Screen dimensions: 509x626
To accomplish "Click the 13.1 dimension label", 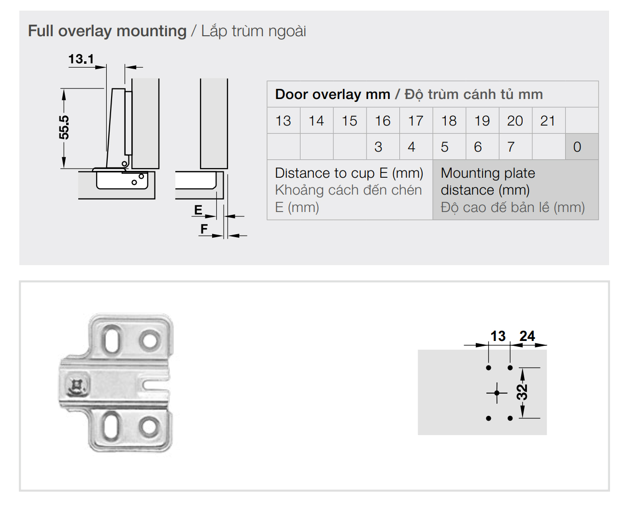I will click(x=81, y=59).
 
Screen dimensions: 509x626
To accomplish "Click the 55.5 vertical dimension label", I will click(x=64, y=127).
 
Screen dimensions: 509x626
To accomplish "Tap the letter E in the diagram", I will click(x=198, y=210).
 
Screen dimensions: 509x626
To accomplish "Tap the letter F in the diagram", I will click(x=204, y=229).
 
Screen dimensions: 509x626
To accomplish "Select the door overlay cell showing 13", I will click(x=283, y=121).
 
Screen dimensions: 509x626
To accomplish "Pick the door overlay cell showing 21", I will click(x=548, y=121).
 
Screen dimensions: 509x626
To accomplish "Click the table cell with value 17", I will click(x=415, y=121).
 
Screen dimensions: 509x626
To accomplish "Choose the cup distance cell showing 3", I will click(x=378, y=147).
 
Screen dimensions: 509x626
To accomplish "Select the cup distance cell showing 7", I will click(x=511, y=147).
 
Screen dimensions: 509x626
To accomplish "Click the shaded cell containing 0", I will click(x=577, y=147).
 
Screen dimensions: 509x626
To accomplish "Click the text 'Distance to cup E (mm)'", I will click(x=349, y=173).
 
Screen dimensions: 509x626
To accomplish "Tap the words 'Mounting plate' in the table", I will click(x=488, y=173).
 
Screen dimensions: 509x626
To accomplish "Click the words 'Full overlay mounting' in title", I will click(x=107, y=31).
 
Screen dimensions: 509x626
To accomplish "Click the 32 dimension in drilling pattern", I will click(x=522, y=392).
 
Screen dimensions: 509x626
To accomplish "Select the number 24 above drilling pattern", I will click(x=527, y=336).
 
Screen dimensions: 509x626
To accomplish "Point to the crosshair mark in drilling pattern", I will click(x=497, y=393).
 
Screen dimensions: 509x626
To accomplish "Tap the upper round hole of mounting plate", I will click(x=150, y=340).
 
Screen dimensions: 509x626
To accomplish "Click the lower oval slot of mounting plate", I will click(x=111, y=425).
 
